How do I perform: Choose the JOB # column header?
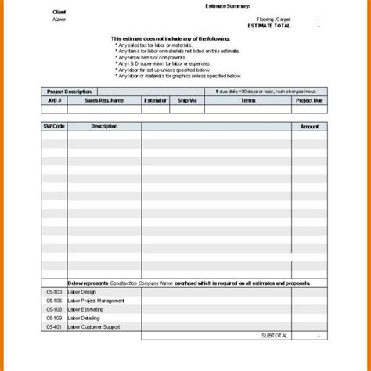53,100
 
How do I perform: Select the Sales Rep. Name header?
104,100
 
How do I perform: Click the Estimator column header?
155,100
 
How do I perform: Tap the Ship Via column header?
187,100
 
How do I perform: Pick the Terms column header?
248,100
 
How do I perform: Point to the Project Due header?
308,100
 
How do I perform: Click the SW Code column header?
53,125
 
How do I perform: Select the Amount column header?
309,125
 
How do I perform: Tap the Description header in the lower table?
103,125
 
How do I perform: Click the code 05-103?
52,291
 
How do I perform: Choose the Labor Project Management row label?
96,300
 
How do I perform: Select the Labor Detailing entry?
84,317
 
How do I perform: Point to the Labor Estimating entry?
85,308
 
